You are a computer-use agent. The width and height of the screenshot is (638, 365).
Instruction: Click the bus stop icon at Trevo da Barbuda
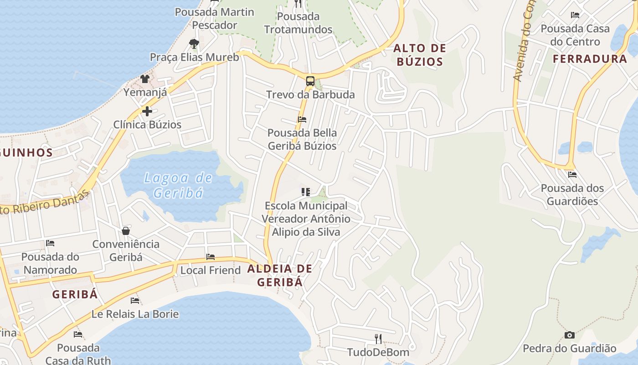[310, 81]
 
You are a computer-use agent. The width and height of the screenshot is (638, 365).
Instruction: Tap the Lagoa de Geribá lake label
[178, 185]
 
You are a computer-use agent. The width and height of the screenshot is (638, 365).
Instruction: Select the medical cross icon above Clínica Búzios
[147, 111]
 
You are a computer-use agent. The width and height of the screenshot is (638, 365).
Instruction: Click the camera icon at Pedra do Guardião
[569, 335]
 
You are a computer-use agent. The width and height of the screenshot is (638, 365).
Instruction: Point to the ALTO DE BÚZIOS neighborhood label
[420, 55]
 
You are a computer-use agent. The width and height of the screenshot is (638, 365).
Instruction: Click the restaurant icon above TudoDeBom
[378, 339]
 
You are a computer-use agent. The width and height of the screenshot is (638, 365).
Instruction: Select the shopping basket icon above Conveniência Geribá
[126, 231]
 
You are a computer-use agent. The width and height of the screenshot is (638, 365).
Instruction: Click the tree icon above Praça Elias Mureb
[194, 44]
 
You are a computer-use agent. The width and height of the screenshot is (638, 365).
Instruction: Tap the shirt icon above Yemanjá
[145, 79]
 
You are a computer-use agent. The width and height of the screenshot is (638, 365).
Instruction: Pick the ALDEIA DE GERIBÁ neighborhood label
[280, 275]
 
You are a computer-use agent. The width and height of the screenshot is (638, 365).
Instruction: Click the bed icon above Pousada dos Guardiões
[572, 175]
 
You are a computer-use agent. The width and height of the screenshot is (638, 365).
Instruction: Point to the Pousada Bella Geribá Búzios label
[302, 139]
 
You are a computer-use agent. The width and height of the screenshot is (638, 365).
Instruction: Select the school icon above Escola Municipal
[305, 192]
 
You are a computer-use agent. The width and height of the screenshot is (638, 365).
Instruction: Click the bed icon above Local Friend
[210, 257]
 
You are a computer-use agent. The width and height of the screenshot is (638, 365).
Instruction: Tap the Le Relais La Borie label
[135, 314]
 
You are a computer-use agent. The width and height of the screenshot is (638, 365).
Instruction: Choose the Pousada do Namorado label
[50, 263]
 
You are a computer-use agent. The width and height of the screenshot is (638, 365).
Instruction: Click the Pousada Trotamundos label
[298, 23]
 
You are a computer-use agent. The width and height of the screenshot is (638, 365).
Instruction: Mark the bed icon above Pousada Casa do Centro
[575, 15]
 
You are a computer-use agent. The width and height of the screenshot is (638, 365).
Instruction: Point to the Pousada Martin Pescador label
[214, 18]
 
